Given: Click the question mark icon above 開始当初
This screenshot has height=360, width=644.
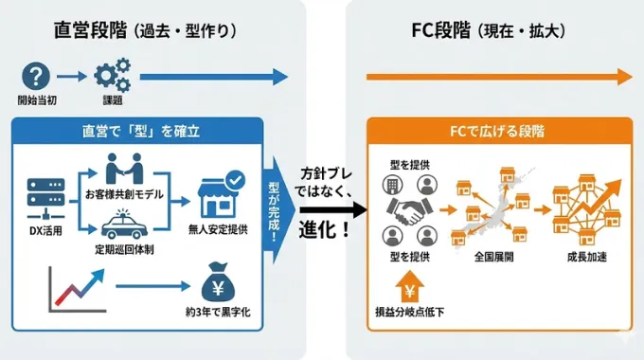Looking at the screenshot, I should (36, 76).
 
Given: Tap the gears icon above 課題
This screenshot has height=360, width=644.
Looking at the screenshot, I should (112, 76).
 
